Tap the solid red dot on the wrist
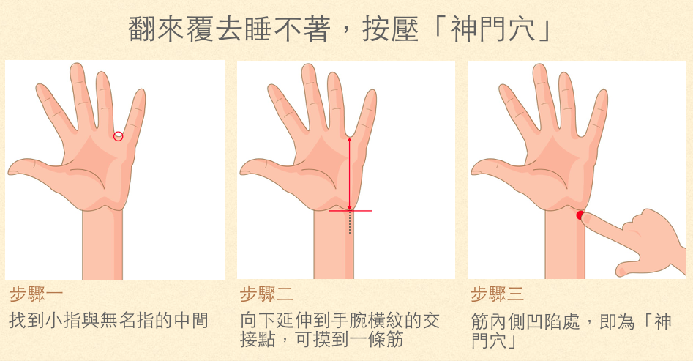(580, 215)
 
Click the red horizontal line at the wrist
(350, 211)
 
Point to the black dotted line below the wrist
(350, 223)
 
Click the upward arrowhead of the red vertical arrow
(350, 139)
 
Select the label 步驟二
(267, 294)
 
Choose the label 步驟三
(498, 294)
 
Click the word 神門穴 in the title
(492, 29)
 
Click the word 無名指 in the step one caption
(128, 320)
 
